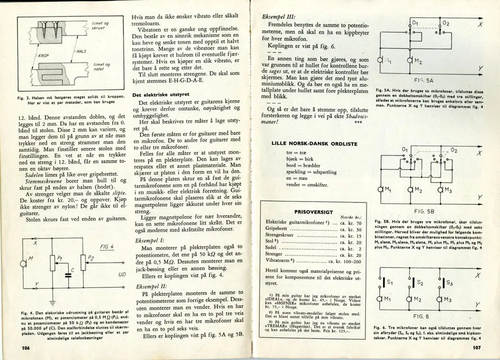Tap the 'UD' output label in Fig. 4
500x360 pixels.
click(x=121, y=275)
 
